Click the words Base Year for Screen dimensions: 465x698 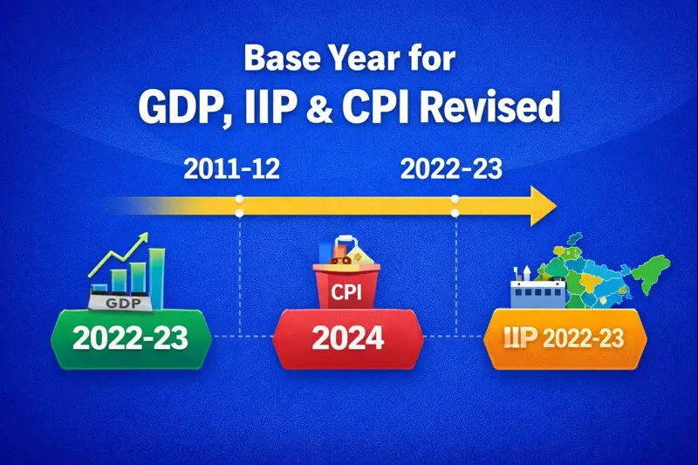click(x=348, y=59)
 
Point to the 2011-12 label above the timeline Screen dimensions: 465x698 click(x=232, y=168)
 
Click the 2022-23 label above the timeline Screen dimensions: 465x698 click(x=451, y=168)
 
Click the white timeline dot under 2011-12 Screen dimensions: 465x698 click(x=240, y=213)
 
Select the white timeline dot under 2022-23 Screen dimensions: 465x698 click(x=455, y=213)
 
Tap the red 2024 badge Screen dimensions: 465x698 click(x=348, y=337)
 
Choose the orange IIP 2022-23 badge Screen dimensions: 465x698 click(x=566, y=337)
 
